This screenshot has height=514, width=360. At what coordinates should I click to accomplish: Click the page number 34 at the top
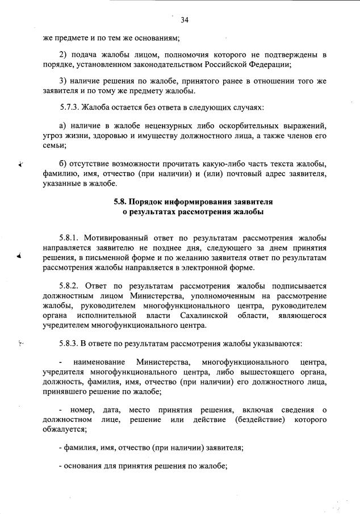(184, 20)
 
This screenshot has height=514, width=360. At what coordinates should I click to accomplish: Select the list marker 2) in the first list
(64, 54)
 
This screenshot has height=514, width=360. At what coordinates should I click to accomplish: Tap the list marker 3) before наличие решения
(64, 81)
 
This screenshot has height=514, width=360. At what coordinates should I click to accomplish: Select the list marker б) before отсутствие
(64, 164)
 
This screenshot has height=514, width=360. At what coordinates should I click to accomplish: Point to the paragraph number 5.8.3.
(71, 344)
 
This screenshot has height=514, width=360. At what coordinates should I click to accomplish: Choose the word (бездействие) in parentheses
(258, 419)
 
